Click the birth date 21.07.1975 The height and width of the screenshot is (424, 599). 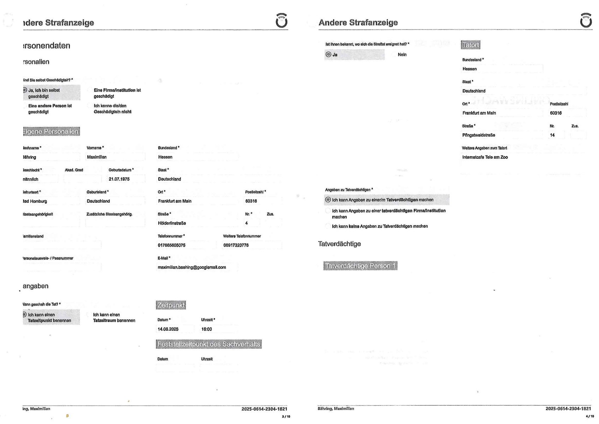click(119, 179)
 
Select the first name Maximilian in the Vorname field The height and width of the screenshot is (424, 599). click(97, 157)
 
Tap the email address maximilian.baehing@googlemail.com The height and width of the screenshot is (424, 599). click(192, 267)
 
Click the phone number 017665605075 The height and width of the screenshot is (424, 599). click(172, 245)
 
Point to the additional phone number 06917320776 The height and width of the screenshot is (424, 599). click(236, 245)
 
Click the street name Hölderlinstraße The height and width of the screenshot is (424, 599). click(172, 223)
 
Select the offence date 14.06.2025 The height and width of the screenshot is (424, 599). click(168, 329)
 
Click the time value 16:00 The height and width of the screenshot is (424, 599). click(207, 329)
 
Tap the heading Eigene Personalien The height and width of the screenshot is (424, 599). click(51, 132)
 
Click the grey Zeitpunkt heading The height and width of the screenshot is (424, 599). click(171, 305)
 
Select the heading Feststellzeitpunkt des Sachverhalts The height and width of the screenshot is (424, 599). click(209, 344)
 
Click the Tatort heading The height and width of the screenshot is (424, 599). click(470, 45)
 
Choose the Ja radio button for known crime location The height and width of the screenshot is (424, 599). click(328, 54)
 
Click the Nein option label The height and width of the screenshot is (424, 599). click(402, 54)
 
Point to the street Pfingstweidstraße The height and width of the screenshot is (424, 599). click(479, 135)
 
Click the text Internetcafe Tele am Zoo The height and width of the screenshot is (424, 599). click(485, 157)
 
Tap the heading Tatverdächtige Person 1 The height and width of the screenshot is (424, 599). click(360, 266)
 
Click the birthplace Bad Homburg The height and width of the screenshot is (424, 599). click(35, 201)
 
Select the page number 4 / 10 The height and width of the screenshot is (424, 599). click(590, 416)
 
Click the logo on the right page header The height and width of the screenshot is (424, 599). click(586, 21)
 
